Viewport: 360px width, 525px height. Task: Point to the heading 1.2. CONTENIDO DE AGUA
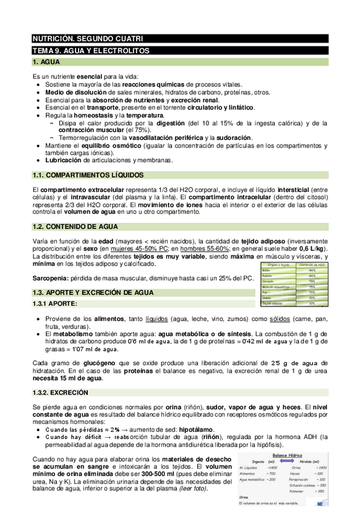click(75, 227)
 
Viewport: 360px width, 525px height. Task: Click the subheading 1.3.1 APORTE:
click(55, 304)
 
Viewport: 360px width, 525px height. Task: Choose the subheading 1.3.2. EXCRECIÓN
click(61, 393)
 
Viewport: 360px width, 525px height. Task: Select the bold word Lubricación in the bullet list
click(64, 160)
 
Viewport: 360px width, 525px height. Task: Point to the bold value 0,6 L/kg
click(312, 248)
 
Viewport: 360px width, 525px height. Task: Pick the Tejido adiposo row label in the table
click(273, 303)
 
